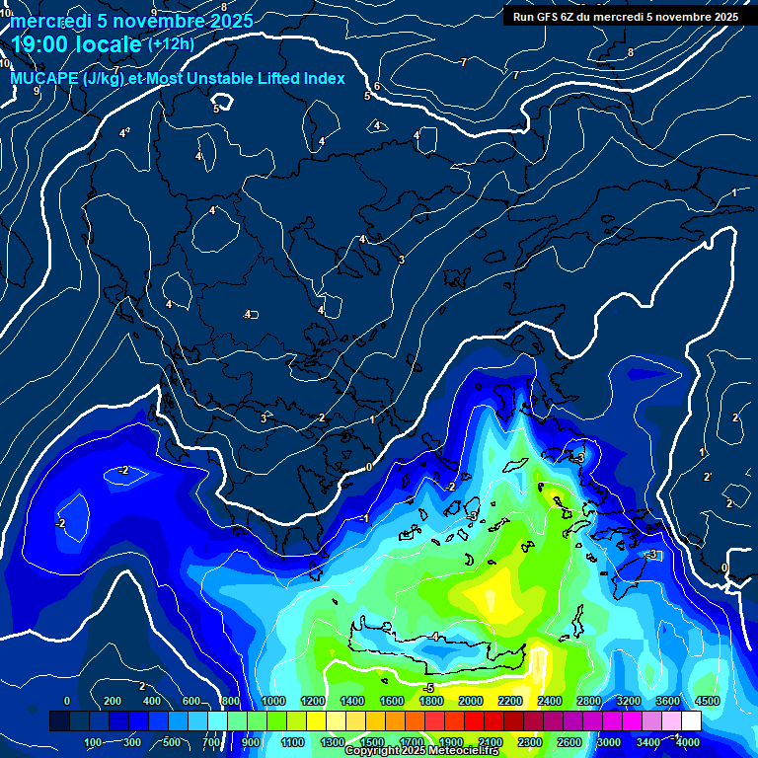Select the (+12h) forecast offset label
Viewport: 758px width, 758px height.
pos(171,43)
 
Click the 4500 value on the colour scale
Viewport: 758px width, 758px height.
pos(707,701)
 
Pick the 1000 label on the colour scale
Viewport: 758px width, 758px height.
pos(273,701)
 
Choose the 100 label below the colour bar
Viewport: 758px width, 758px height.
pos(95,742)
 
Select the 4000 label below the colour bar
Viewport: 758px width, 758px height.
pos(688,742)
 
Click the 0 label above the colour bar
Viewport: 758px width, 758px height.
pos(66,701)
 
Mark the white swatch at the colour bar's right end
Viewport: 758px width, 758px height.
pos(691,722)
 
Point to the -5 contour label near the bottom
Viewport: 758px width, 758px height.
pos(428,688)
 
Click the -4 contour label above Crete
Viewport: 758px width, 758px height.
pos(434,637)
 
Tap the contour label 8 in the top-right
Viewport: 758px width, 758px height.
pos(631,52)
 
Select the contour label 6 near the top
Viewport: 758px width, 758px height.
pos(377,87)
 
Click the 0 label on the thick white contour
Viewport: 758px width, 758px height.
pos(368,467)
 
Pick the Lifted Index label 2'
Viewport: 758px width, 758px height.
pos(707,477)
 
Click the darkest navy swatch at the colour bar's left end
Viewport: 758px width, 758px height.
pos(59,722)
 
